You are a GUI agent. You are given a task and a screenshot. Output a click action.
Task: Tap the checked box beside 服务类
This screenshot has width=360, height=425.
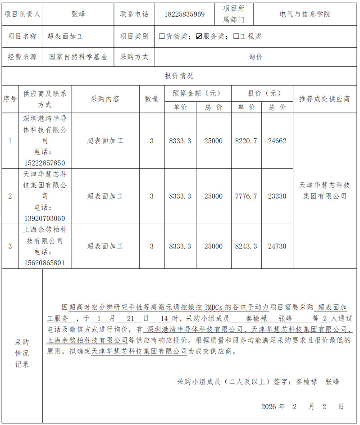199,36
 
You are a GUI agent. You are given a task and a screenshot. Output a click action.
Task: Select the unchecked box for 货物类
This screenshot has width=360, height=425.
162,36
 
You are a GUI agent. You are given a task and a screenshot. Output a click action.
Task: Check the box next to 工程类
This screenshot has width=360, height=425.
236,36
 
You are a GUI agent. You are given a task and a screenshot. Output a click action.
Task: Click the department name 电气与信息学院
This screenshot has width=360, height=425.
305,14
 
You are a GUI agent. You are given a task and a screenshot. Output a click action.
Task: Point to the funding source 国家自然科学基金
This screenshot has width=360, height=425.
78,57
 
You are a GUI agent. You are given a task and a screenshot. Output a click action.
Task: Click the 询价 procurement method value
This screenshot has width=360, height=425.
255,57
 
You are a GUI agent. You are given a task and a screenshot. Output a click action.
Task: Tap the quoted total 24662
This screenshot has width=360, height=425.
277,141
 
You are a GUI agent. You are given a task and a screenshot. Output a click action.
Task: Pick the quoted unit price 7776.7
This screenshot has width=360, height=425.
246,196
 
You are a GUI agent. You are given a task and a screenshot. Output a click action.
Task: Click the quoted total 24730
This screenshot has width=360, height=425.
277,246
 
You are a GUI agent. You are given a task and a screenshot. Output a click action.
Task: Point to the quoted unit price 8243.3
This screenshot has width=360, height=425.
246,246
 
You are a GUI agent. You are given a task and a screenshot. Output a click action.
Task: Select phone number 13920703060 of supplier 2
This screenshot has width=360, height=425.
45,218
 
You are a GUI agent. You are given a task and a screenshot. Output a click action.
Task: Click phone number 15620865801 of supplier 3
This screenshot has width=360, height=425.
45,262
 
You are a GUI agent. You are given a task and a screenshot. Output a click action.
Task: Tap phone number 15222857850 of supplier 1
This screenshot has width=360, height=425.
45,163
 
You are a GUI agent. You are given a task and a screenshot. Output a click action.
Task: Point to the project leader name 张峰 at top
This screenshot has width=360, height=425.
78,14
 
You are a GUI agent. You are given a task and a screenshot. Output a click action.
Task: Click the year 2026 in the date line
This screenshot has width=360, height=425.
270,407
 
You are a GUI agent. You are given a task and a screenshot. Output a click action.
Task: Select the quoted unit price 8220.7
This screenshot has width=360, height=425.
246,141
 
